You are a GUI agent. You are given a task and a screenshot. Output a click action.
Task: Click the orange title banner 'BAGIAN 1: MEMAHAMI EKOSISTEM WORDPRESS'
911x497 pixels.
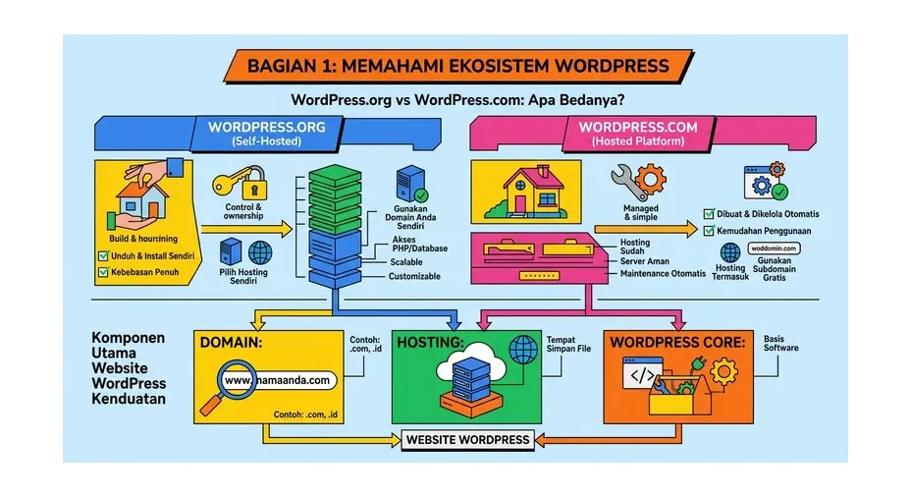[x=458, y=67]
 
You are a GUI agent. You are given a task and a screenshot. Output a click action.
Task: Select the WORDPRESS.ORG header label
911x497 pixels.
[x=266, y=127]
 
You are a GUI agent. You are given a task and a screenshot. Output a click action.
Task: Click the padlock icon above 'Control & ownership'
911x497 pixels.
[x=255, y=184]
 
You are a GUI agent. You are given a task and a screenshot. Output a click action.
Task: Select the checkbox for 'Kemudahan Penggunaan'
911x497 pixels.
[x=709, y=232]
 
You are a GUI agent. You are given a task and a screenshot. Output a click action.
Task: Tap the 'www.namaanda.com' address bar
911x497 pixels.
[x=279, y=380]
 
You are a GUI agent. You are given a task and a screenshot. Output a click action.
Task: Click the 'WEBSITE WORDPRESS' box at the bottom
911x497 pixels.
[x=467, y=440]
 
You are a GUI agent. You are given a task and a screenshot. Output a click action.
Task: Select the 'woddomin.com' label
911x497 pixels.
[x=775, y=248]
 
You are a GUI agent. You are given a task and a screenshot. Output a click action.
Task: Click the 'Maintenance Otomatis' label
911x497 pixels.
[x=663, y=274]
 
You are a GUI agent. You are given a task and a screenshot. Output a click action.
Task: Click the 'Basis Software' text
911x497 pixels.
[x=781, y=343]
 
